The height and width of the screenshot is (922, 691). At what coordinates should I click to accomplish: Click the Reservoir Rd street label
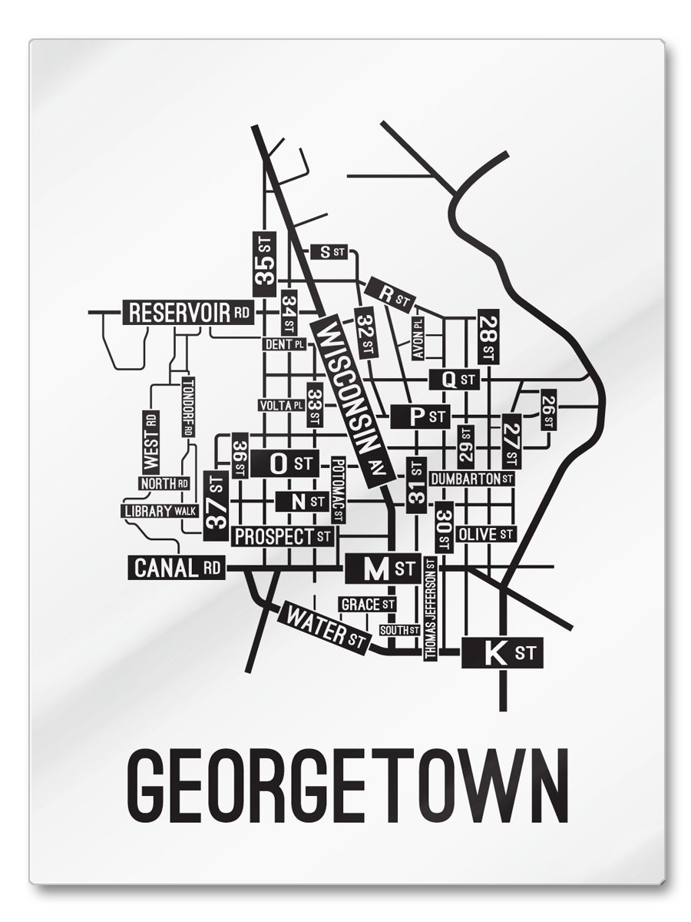point(189,312)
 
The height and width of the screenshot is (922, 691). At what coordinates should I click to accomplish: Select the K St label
point(502,654)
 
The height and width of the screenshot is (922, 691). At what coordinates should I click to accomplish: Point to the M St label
point(383,569)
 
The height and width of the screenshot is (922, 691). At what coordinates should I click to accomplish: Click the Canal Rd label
point(177,569)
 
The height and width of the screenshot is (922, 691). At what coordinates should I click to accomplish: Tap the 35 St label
point(265,263)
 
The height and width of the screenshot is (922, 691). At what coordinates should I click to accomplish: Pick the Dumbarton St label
point(471,479)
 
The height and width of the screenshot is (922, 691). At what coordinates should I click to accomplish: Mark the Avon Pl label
point(418,339)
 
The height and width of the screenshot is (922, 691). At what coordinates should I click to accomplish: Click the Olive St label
point(486,533)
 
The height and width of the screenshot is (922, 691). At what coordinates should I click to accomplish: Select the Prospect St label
point(284,536)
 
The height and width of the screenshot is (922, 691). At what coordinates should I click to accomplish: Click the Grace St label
point(368,605)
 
